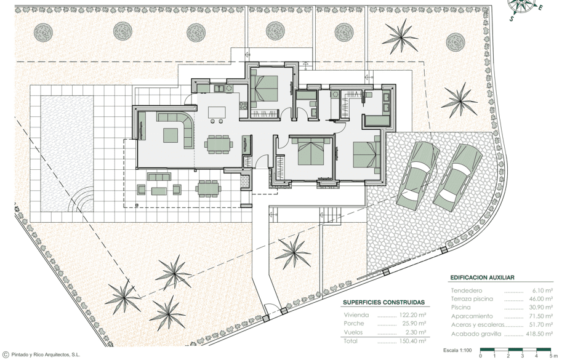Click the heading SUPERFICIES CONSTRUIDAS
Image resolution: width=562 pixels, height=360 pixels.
(383, 302)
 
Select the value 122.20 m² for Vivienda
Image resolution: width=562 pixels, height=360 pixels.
(412, 315)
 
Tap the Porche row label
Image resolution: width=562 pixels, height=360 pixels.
(354, 324)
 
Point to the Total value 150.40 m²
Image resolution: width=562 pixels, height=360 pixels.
(412, 341)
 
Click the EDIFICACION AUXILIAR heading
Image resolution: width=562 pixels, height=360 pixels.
(482, 278)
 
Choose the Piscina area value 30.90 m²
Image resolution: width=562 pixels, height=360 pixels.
(541, 307)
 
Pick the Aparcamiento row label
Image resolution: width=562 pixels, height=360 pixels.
(472, 316)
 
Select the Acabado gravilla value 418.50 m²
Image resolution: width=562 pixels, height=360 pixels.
(539, 334)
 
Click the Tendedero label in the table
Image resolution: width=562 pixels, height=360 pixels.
(467, 290)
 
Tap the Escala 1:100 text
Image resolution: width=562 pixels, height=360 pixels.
(457, 350)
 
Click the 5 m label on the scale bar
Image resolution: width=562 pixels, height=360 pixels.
(551, 356)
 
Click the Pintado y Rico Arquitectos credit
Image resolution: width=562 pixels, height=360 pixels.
(43, 355)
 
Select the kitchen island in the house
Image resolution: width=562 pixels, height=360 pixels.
(217, 112)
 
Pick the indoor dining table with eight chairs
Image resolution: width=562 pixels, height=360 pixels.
(218, 144)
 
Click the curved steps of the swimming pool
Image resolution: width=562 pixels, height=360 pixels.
(83, 201)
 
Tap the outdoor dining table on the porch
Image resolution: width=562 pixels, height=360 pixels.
(207, 188)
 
